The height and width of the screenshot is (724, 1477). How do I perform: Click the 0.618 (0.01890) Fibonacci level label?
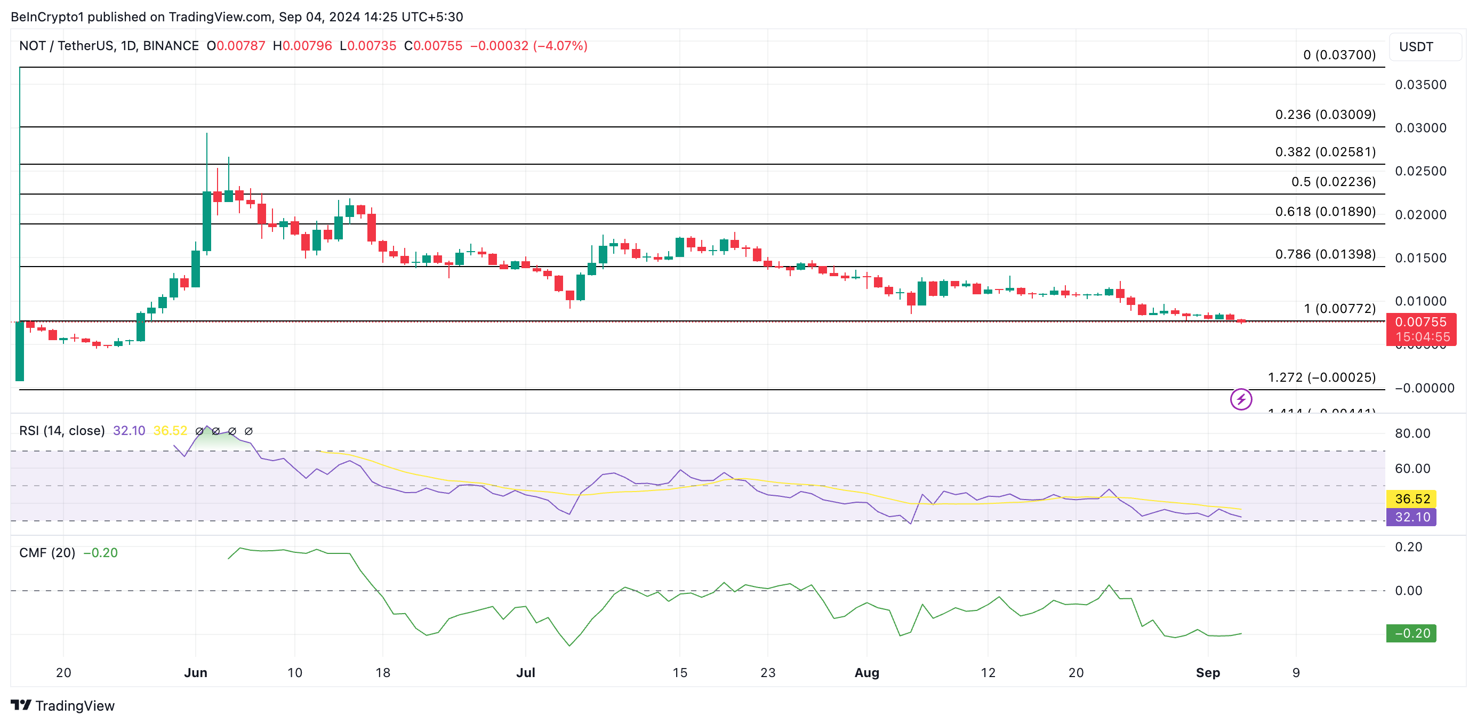1325,212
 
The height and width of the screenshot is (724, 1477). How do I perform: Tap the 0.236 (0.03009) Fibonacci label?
1325,115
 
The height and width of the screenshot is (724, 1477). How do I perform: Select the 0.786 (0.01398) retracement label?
1325,254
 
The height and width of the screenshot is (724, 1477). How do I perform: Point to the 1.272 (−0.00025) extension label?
1321,377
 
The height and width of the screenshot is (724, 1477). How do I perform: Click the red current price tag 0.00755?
1420,322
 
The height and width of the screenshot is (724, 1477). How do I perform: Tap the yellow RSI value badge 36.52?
1411,498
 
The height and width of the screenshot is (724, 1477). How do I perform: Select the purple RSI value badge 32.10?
1411,517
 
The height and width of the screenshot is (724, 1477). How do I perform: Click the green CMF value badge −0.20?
1411,633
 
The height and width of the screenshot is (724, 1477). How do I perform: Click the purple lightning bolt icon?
1241,399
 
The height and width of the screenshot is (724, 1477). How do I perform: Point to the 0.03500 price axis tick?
1420,85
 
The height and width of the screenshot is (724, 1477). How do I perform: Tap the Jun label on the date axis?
196,672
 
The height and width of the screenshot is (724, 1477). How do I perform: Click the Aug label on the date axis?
866,672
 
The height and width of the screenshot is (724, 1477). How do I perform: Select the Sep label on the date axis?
1208,672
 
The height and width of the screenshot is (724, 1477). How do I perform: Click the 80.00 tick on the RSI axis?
1412,433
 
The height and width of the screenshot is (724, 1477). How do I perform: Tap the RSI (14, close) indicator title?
62,430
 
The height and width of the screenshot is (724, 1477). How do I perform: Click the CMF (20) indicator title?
47,553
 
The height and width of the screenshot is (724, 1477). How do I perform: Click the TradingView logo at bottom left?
62,706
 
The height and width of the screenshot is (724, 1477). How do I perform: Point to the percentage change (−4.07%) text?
560,46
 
